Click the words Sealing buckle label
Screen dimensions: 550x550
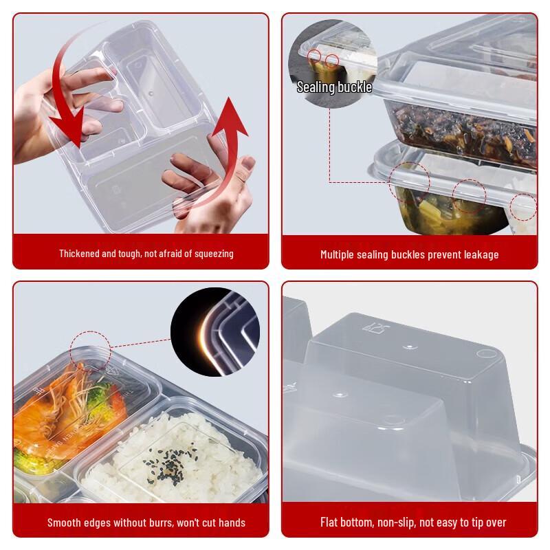pyautogui.click(x=334, y=87)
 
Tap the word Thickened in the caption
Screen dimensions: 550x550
pyautogui.click(x=80, y=254)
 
